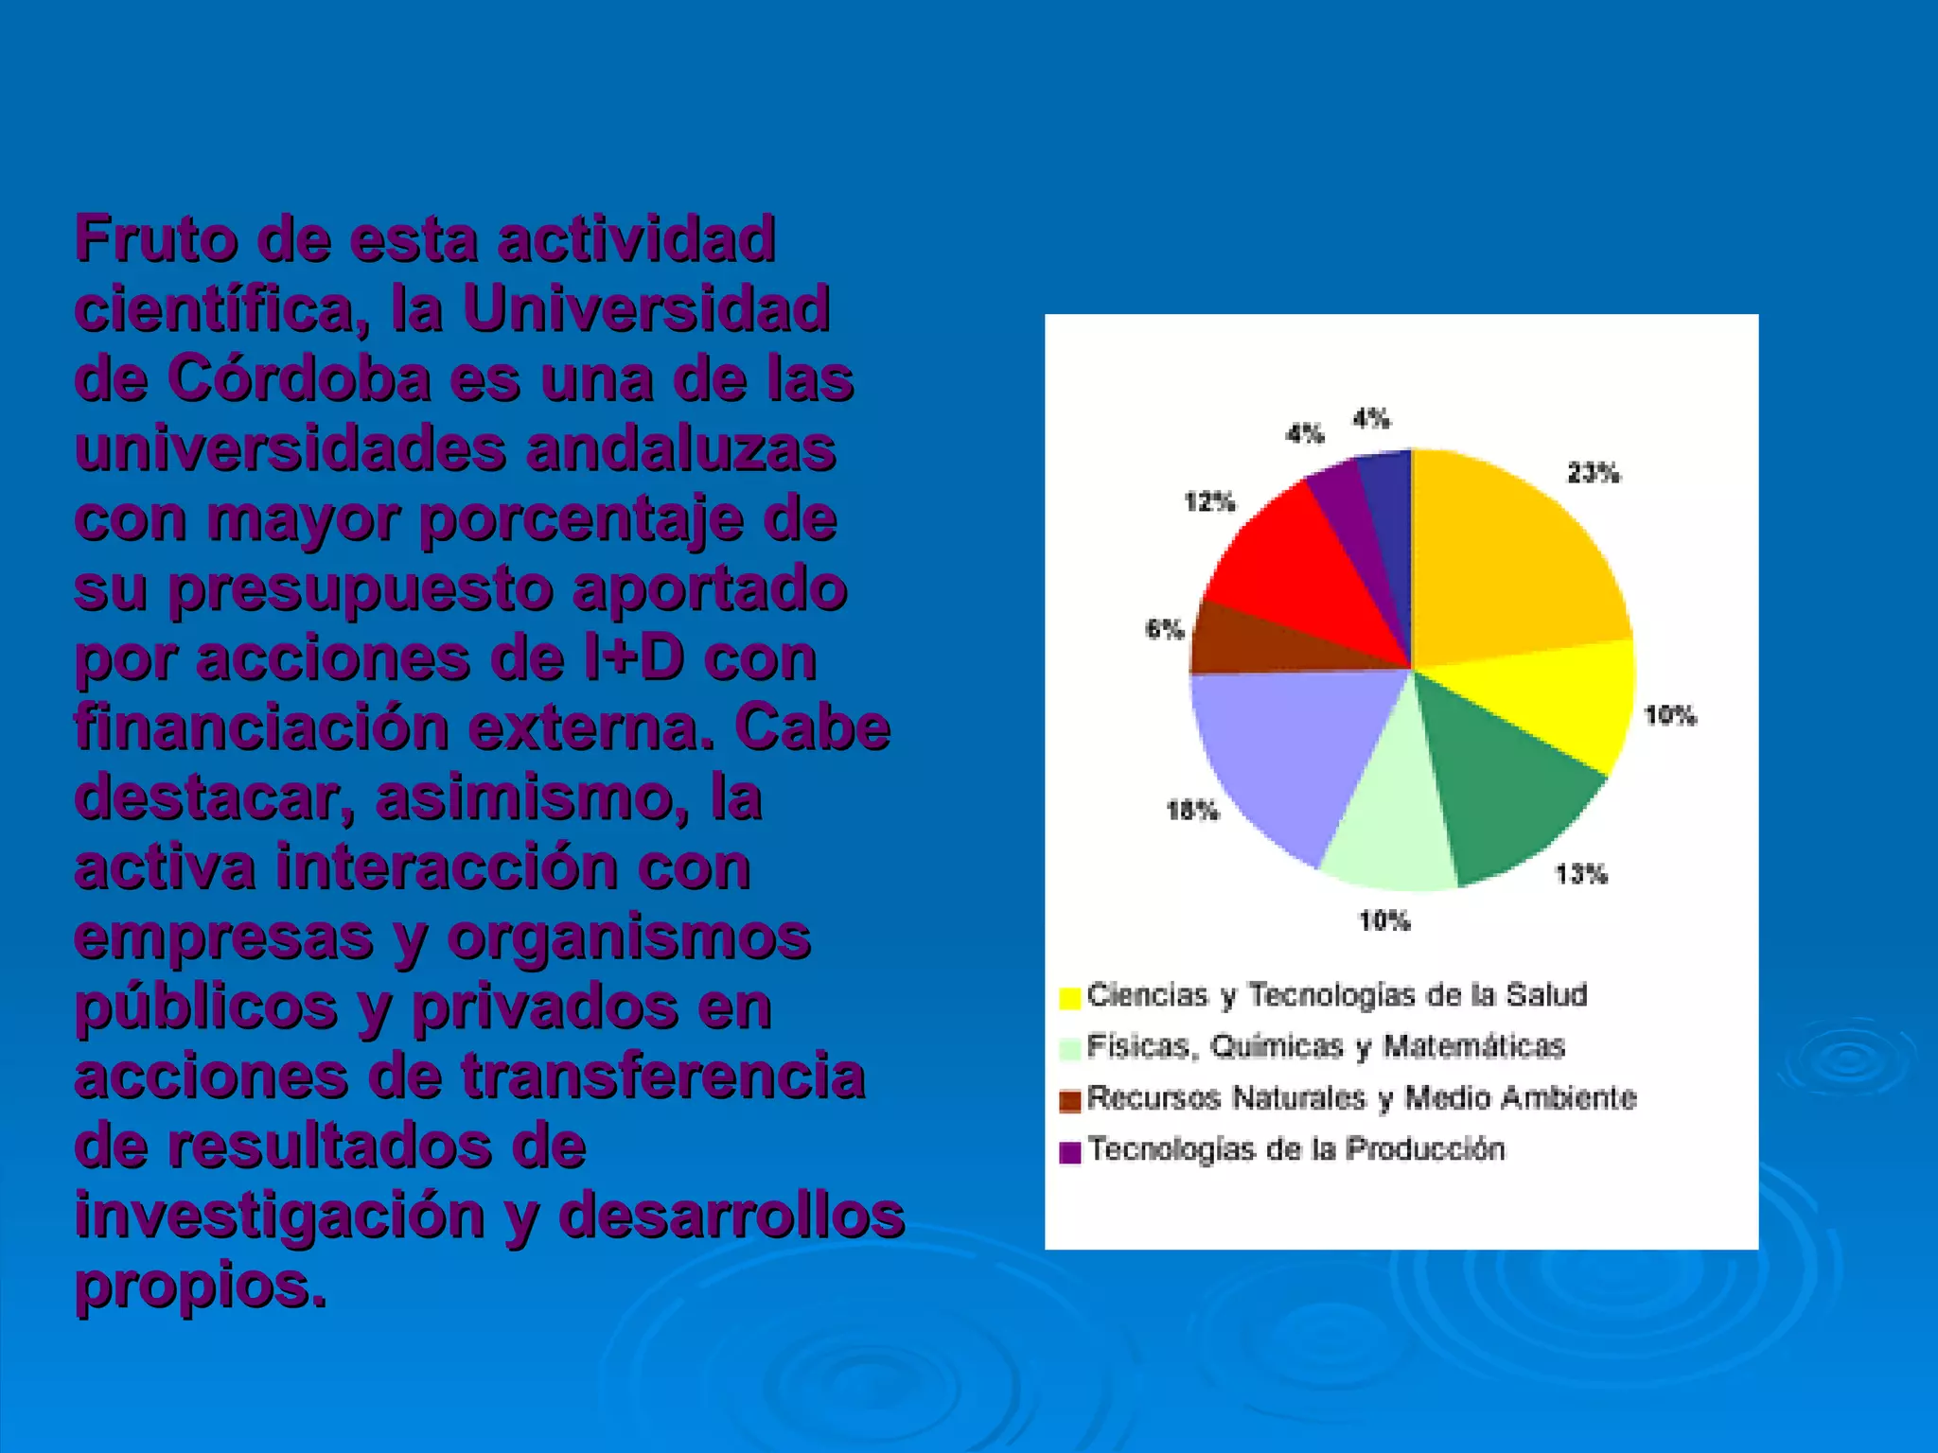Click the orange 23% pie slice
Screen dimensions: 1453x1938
point(1505,558)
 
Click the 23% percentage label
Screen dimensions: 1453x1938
point(1594,473)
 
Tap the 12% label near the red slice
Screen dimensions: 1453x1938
point(1210,501)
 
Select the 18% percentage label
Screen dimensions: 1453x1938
point(1192,811)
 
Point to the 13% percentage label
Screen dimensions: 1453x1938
point(1581,874)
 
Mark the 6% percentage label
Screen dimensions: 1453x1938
point(1165,629)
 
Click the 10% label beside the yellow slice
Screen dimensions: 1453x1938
point(1670,716)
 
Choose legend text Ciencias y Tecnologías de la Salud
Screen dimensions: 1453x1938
point(1336,995)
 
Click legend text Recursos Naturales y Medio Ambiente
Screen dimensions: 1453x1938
point(1361,1098)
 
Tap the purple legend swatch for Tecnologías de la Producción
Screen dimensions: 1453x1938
point(1070,1152)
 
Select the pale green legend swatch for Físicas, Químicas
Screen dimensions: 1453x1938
point(1070,1049)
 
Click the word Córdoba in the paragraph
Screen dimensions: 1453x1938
point(300,379)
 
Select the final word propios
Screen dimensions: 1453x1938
point(200,1286)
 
